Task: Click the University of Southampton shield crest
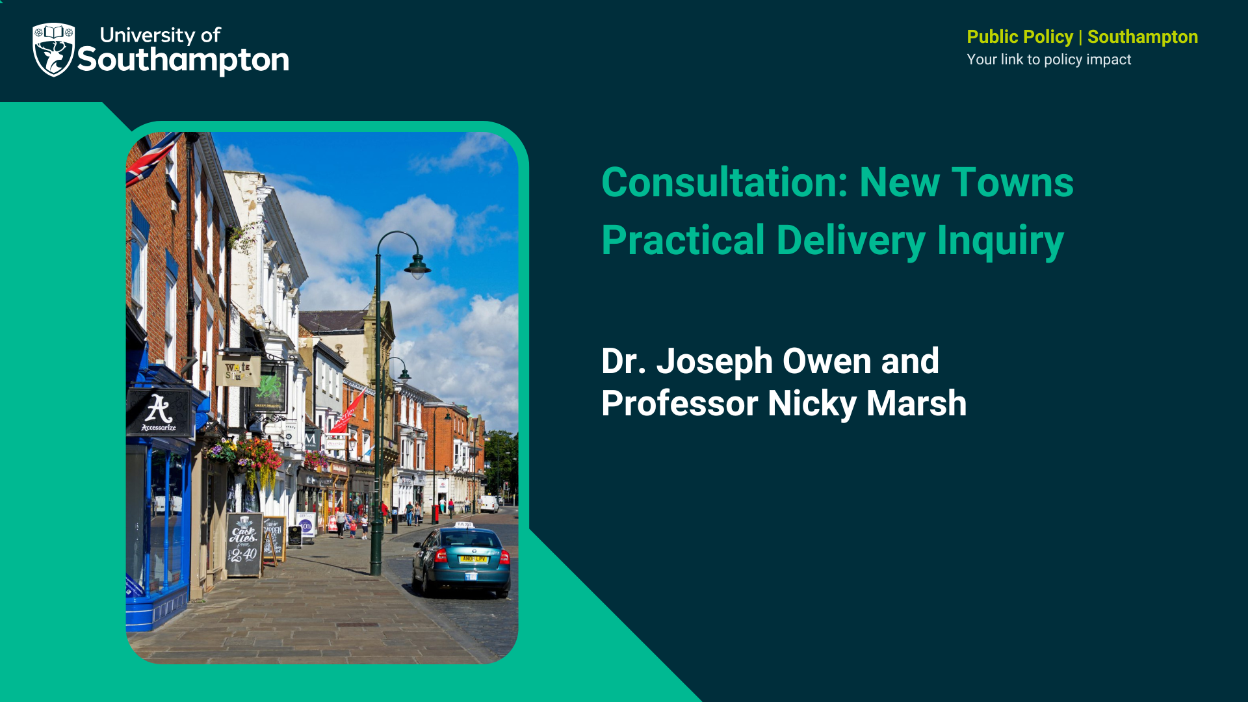pos(53,49)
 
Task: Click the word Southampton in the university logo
pos(183,60)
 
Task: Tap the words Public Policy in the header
pos(1019,37)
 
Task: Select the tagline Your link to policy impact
pos(1048,60)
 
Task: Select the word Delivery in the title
pos(850,241)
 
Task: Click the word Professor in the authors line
pos(679,404)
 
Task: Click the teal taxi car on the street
pos(461,560)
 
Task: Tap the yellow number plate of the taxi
pos(473,559)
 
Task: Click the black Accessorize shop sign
pos(159,413)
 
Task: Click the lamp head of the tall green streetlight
pos(417,266)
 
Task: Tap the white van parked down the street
pos(489,503)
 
